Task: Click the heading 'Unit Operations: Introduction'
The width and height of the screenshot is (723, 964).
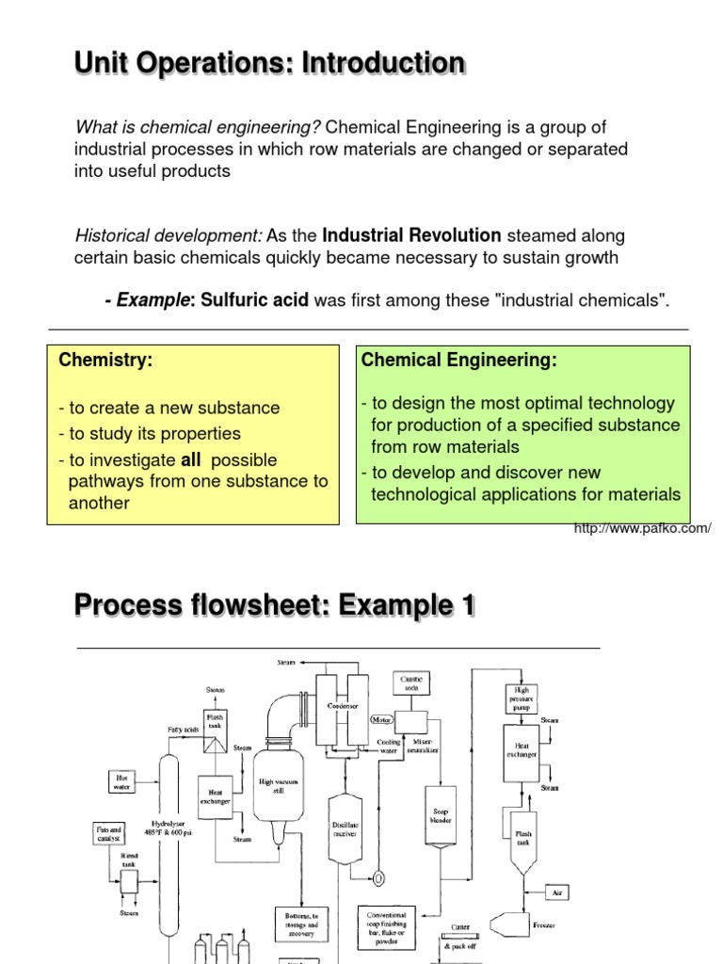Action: pyautogui.click(x=269, y=64)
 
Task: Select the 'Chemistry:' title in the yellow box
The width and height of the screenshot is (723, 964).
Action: pyautogui.click(x=105, y=360)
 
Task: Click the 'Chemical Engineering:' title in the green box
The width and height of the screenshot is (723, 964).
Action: pyautogui.click(x=459, y=360)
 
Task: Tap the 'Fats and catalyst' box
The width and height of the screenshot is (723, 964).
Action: pyautogui.click(x=109, y=832)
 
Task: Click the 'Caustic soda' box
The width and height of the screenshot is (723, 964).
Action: pyautogui.click(x=411, y=683)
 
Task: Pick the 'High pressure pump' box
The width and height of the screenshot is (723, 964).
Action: pyautogui.click(x=522, y=700)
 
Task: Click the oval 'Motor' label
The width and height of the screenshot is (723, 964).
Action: pyautogui.click(x=381, y=720)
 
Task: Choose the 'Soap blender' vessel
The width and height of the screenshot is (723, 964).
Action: pyautogui.click(x=440, y=814)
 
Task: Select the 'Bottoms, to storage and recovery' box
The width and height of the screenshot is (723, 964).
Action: pyautogui.click(x=301, y=924)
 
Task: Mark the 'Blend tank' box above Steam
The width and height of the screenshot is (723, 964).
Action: pyautogui.click(x=128, y=880)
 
